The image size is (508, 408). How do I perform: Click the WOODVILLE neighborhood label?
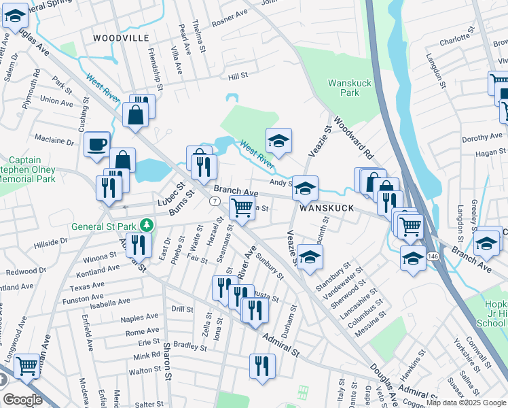pos(120,37)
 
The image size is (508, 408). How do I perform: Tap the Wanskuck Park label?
pos(344,88)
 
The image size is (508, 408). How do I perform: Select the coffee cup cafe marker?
pos(97,143)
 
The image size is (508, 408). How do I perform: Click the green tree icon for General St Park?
pos(145,225)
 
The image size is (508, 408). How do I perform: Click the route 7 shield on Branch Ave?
pos(214,202)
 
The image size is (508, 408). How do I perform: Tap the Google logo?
pos(22,399)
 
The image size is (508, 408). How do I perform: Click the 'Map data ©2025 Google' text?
pos(465,403)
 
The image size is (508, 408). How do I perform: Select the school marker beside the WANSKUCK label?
pos(305,188)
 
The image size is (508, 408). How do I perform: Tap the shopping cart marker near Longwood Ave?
pos(26,366)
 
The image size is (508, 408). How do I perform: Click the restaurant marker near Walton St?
pos(261,365)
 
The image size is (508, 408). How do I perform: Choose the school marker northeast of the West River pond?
pos(278,140)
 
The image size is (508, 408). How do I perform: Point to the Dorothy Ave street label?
pos(481,138)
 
